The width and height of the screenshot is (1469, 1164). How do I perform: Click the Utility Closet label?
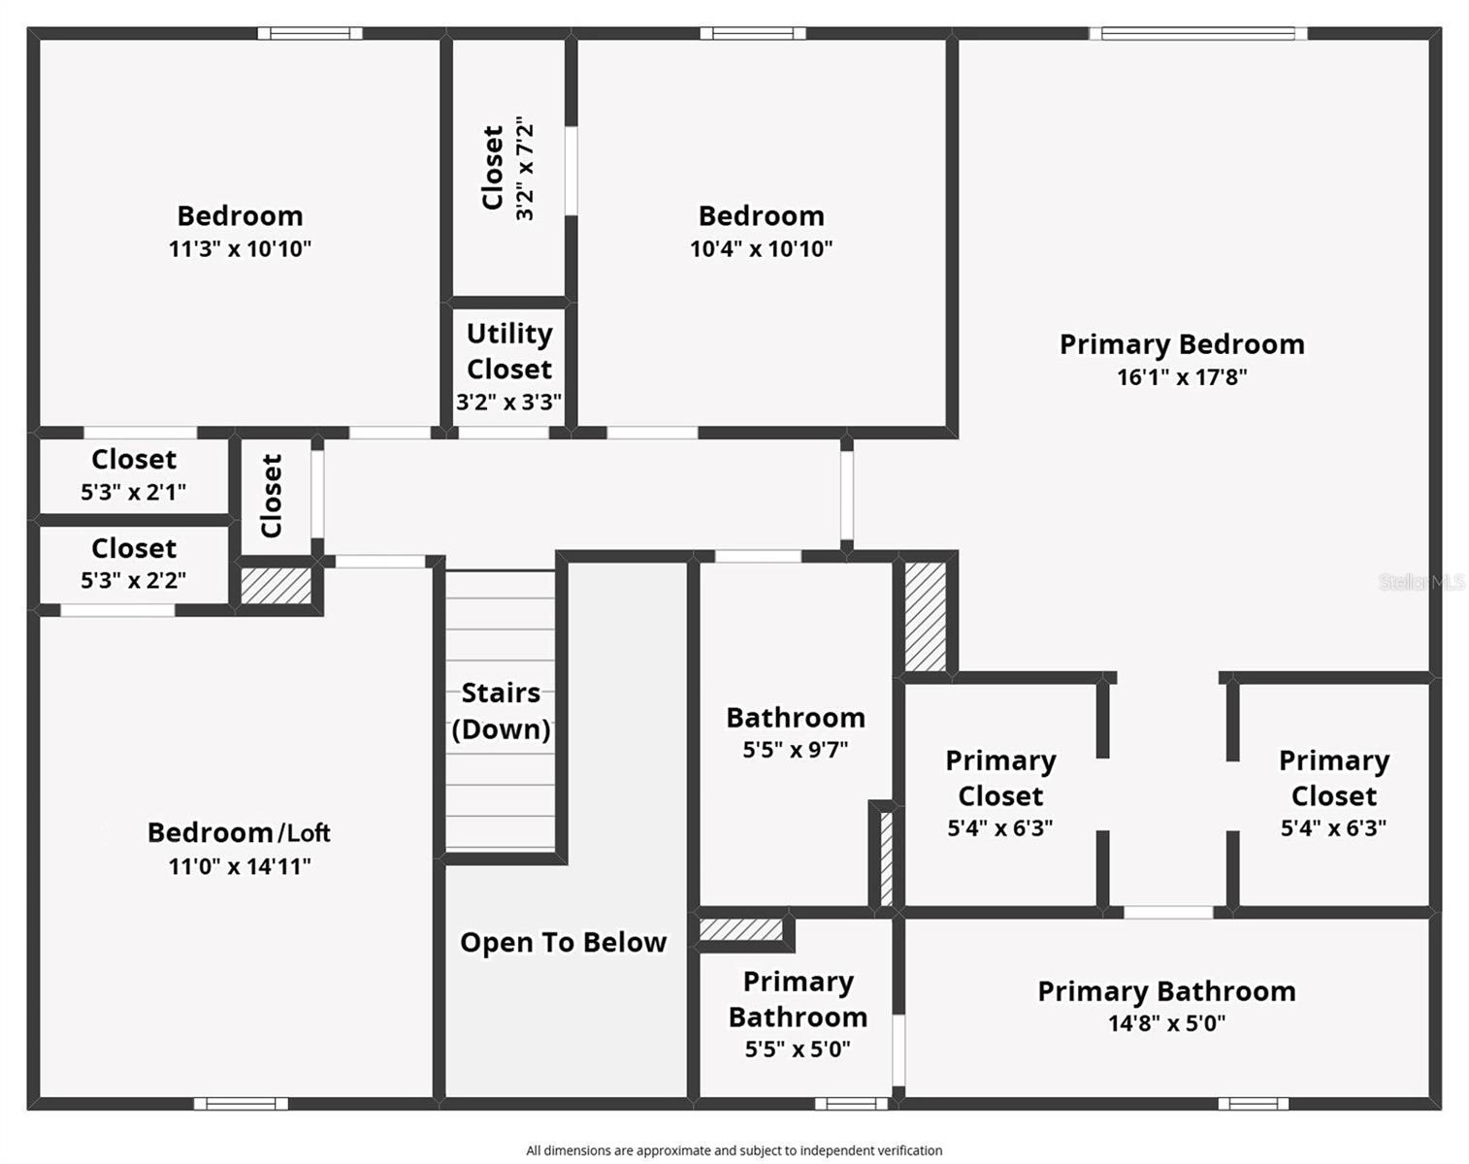(x=509, y=351)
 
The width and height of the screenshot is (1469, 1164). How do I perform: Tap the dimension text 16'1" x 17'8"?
(x=1182, y=377)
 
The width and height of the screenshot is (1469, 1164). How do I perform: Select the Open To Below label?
(x=563, y=943)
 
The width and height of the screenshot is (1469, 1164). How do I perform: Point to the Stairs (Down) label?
(x=501, y=711)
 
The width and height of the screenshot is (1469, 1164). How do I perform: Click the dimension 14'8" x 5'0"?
(x=1166, y=1023)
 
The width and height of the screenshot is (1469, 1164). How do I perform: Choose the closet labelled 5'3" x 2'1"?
(x=134, y=474)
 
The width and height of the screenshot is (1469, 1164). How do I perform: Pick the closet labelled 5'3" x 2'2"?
(x=134, y=564)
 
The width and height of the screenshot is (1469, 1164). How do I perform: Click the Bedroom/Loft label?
(x=239, y=833)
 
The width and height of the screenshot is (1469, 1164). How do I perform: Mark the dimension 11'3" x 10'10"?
(x=240, y=249)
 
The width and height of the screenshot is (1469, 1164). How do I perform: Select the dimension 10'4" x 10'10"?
(x=761, y=249)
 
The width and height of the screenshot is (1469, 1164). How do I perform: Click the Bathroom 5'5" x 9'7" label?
(x=796, y=731)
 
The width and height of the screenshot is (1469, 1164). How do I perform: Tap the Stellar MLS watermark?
(x=1421, y=582)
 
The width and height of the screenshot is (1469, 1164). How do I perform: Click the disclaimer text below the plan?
(x=734, y=1150)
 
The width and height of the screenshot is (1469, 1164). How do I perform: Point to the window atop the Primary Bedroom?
(x=1197, y=34)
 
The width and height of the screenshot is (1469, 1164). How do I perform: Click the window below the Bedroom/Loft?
(x=241, y=1104)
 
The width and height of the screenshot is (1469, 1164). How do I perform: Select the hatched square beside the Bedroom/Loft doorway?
(x=276, y=586)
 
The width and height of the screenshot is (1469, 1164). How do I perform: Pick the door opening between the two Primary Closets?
(x=1168, y=913)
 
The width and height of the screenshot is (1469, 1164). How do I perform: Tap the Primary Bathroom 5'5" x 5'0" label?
(x=798, y=1014)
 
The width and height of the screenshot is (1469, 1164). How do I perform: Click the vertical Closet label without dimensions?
(x=273, y=496)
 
